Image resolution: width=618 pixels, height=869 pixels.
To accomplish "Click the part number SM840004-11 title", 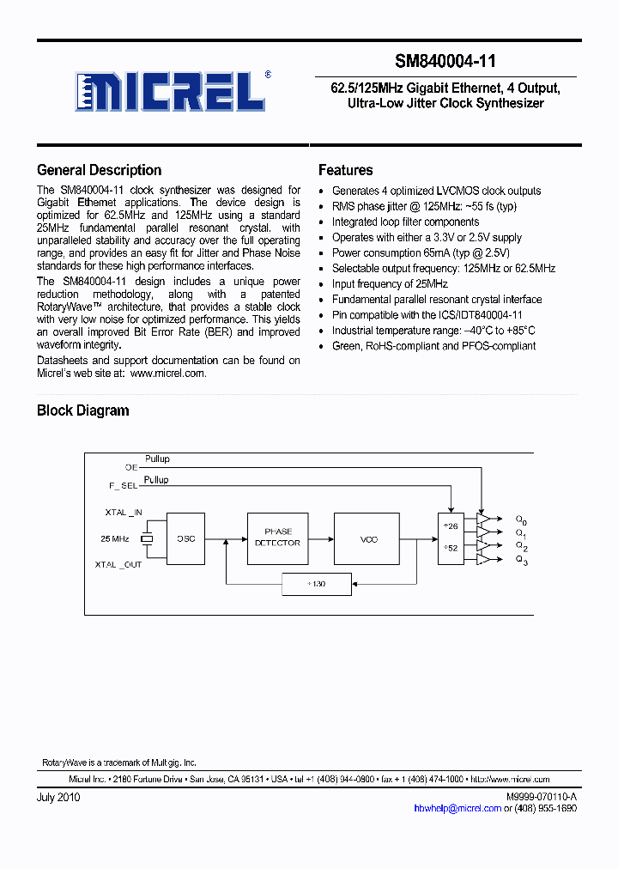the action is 445,62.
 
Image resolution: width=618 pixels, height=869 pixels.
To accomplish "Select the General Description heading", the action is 99,170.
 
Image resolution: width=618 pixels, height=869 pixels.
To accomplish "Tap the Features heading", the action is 345,170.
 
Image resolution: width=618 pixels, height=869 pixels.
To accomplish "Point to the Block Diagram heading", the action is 82,410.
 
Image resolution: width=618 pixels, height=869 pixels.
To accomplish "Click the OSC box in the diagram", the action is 185,538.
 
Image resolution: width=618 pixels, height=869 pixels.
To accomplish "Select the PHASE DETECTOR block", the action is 277,538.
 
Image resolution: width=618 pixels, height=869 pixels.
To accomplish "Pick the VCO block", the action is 368,538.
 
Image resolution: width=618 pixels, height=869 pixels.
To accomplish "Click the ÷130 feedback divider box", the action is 316,585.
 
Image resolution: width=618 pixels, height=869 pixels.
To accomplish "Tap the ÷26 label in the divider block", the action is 450,526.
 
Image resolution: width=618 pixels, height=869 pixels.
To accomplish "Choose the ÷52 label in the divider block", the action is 450,547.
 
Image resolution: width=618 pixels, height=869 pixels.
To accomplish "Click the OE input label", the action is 131,467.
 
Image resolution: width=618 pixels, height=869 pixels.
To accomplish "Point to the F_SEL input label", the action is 124,486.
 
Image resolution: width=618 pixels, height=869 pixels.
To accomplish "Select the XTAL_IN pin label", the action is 124,512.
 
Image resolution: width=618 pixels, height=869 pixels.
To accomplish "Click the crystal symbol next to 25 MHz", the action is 147,538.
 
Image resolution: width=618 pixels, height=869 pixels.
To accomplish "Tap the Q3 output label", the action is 521,562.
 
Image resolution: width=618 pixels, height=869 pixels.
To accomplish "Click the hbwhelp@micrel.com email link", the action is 457,808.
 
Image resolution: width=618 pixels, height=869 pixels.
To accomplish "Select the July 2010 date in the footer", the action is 58,798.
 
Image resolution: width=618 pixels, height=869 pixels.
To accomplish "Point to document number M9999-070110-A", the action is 542,798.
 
